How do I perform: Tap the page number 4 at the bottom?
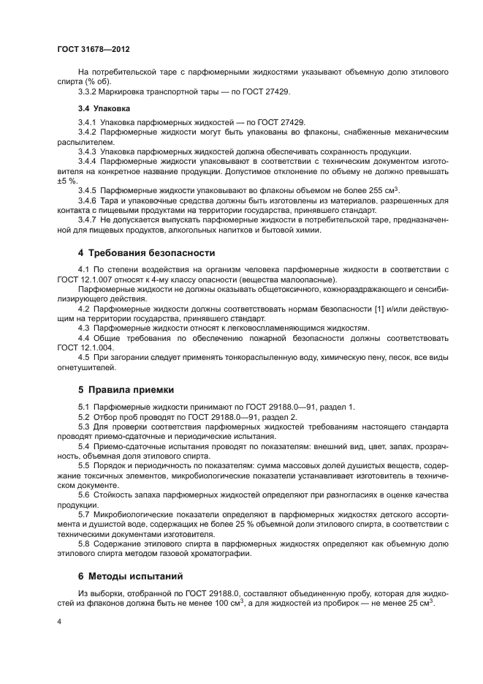coord(59,621)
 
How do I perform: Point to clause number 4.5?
coord(83,358)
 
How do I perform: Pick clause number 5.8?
coord(83,544)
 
